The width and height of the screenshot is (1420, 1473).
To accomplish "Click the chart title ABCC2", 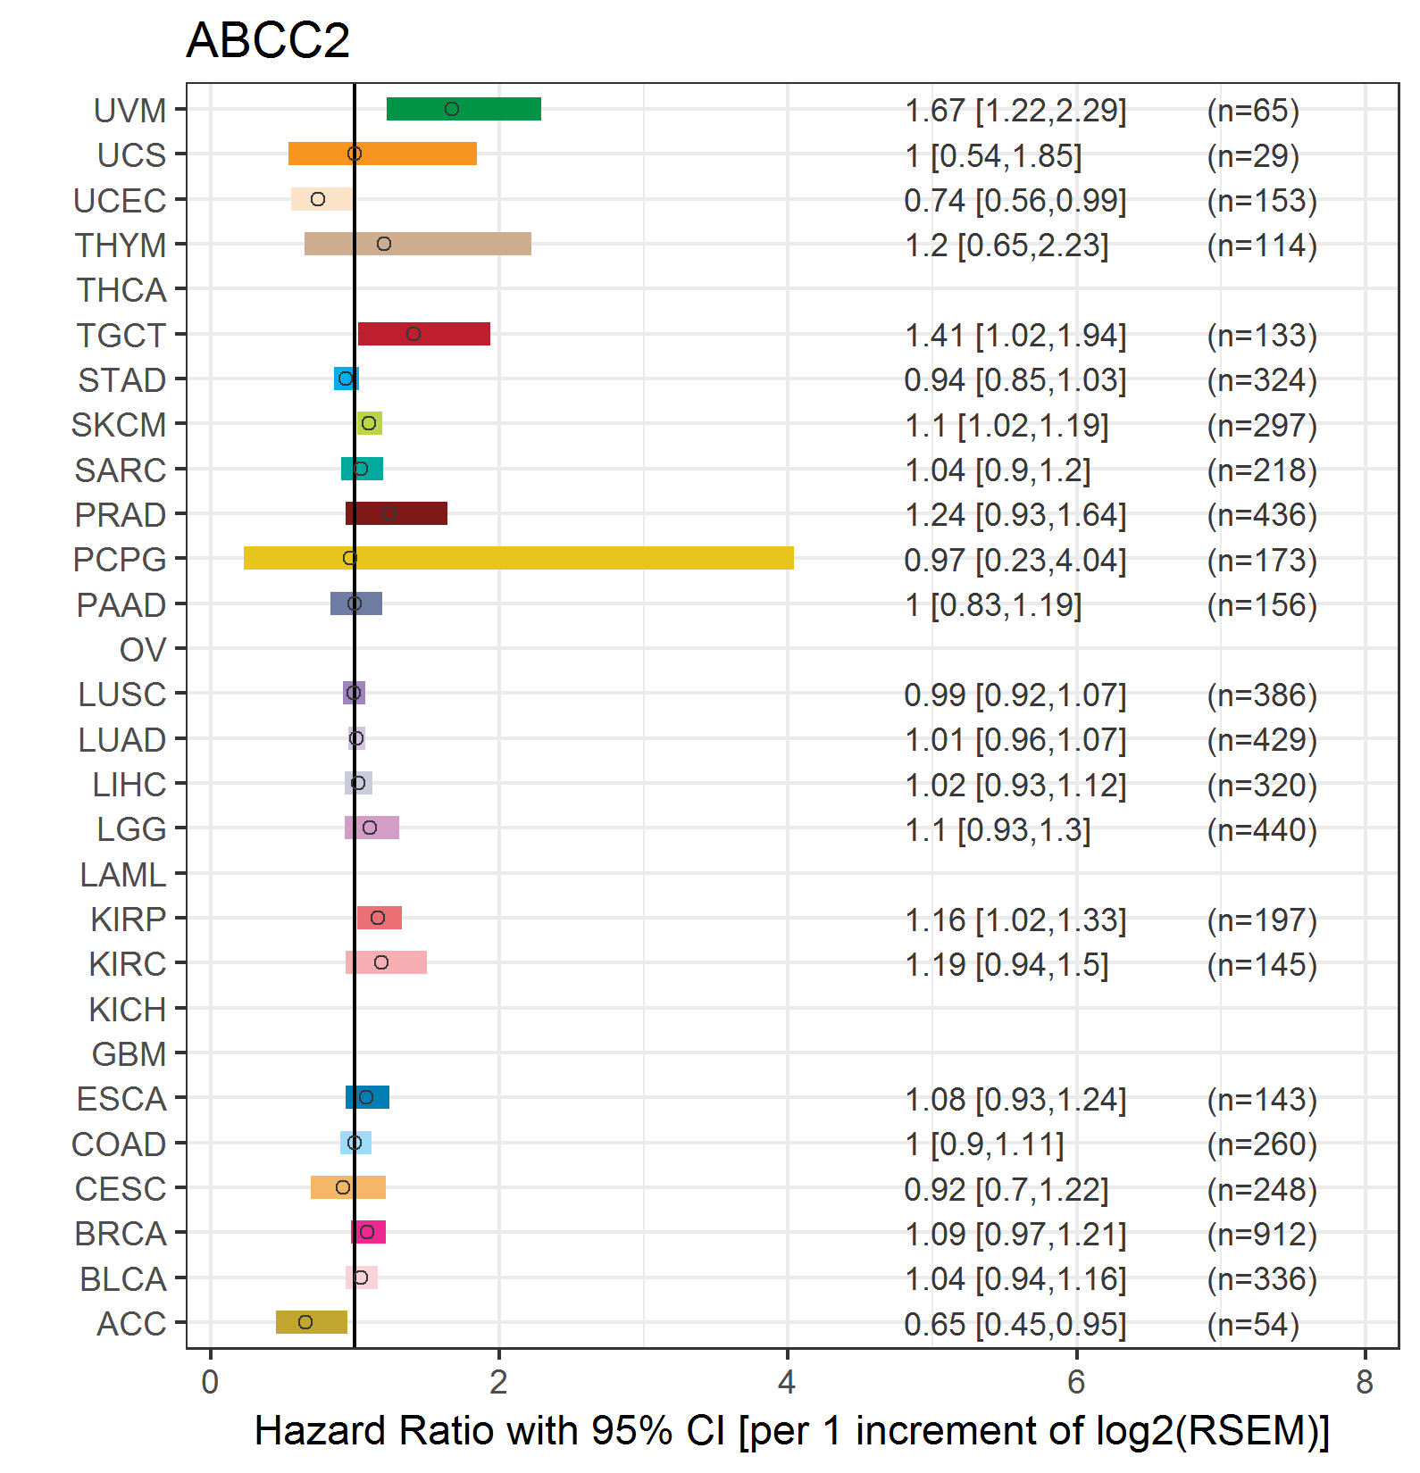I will (268, 41).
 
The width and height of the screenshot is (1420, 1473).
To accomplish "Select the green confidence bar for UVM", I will (464, 109).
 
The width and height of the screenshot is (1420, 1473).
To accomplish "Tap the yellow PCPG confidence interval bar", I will (518, 558).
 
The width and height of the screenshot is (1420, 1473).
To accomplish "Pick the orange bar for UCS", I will (382, 154).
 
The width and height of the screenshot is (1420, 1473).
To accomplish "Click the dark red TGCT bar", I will (424, 334).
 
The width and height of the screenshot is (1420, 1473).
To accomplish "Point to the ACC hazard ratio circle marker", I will (305, 1322).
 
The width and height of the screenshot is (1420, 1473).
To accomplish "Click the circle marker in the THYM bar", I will (384, 244).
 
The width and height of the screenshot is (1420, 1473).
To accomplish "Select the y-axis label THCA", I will (121, 290).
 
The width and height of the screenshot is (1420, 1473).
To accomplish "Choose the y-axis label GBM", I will (129, 1054).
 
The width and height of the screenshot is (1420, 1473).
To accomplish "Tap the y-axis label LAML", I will (123, 875).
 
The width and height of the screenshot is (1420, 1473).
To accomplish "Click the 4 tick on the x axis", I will (787, 1383).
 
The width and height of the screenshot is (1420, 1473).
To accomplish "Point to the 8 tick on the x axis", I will (1364, 1383).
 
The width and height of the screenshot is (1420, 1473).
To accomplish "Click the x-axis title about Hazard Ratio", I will (791, 1431).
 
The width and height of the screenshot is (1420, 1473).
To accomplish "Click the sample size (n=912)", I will (1262, 1234).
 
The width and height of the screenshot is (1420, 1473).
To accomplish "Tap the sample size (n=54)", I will (1253, 1324).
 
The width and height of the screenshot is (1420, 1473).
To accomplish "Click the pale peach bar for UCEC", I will (322, 199).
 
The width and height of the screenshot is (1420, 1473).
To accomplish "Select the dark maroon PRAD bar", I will (397, 513).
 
